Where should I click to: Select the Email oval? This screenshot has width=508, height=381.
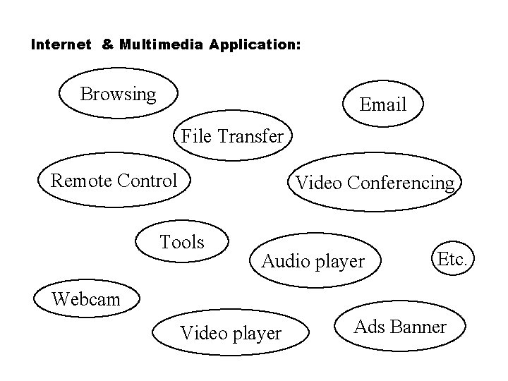point(382,104)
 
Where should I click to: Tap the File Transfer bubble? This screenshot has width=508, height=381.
point(232,135)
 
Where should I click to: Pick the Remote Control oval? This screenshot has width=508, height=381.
point(114,181)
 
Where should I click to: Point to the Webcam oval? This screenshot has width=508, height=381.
point(86,299)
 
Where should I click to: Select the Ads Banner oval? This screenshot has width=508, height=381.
point(399,327)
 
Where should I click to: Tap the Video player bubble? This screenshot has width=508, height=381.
point(231,332)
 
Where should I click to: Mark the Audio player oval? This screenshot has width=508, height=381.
point(313,262)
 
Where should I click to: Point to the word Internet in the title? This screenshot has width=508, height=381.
point(61,44)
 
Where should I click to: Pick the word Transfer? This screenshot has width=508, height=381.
point(252,135)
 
